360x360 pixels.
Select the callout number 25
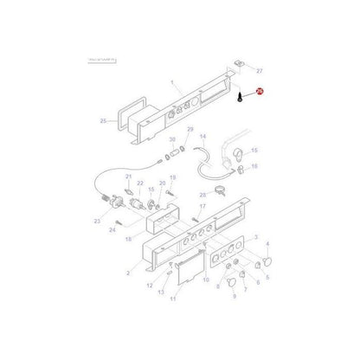click(x=103, y=122)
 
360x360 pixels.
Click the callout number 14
click(x=203, y=137)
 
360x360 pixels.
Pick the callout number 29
click(x=190, y=129)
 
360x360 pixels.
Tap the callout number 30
click(x=172, y=140)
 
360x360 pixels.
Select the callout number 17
click(x=202, y=208)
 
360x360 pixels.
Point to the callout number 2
click(x=127, y=273)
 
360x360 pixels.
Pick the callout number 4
click(x=267, y=244)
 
